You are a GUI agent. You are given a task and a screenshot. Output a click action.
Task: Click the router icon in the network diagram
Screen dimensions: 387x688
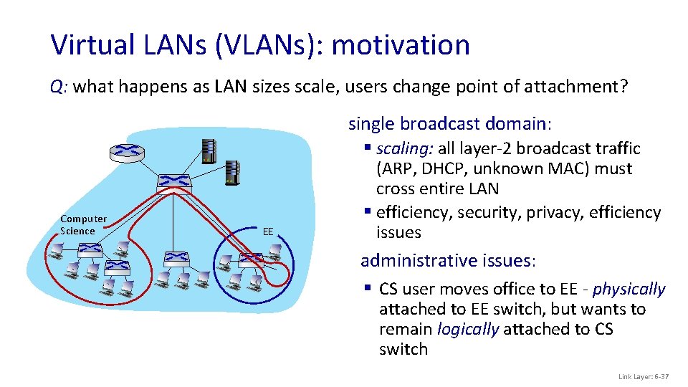pyautogui.click(x=127, y=151)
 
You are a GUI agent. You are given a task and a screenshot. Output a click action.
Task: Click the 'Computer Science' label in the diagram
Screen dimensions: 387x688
pyautogui.click(x=83, y=224)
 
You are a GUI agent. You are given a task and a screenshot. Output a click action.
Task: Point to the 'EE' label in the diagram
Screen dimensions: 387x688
pyautogui.click(x=268, y=231)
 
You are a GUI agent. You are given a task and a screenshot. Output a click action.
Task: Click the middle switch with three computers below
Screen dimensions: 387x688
pyautogui.click(x=175, y=257)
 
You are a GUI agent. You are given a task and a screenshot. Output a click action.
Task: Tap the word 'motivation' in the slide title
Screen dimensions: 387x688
pyautogui.click(x=401, y=45)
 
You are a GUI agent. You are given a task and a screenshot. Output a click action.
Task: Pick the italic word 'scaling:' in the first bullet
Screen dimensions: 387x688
pyautogui.click(x=402, y=149)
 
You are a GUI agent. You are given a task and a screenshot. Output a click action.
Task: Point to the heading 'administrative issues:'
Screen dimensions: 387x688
pyautogui.click(x=448, y=260)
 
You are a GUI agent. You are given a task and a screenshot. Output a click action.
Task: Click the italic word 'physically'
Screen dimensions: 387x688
pyautogui.click(x=629, y=290)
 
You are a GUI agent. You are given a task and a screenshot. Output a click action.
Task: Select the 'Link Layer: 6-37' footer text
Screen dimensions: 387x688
pyautogui.click(x=642, y=377)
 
